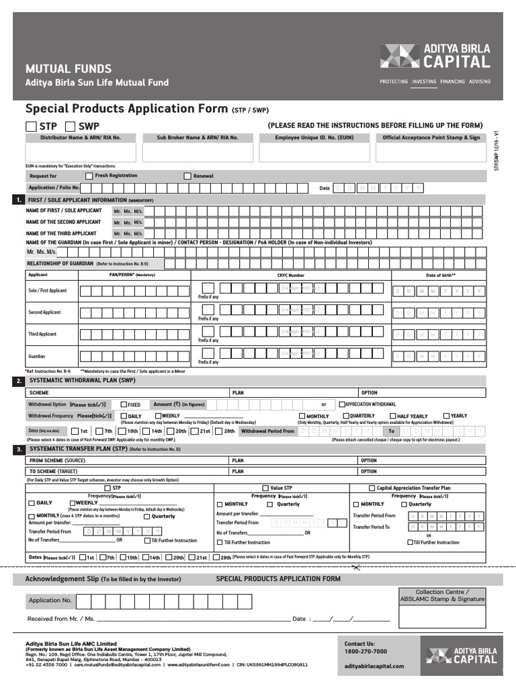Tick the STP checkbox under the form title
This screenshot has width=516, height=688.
click(31, 126)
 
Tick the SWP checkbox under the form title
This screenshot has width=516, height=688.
click(70, 126)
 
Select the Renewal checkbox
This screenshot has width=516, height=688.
click(187, 176)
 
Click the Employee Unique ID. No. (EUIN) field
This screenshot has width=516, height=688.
click(314, 153)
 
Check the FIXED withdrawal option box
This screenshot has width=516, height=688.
click(124, 404)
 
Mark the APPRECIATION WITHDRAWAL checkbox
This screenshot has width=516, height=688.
click(342, 404)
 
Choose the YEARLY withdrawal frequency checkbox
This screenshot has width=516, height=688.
click(446, 416)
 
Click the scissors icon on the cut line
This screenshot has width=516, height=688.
click(355, 568)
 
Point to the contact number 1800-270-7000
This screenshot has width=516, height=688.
click(365, 652)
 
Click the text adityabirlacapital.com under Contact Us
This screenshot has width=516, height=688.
click(374, 666)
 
